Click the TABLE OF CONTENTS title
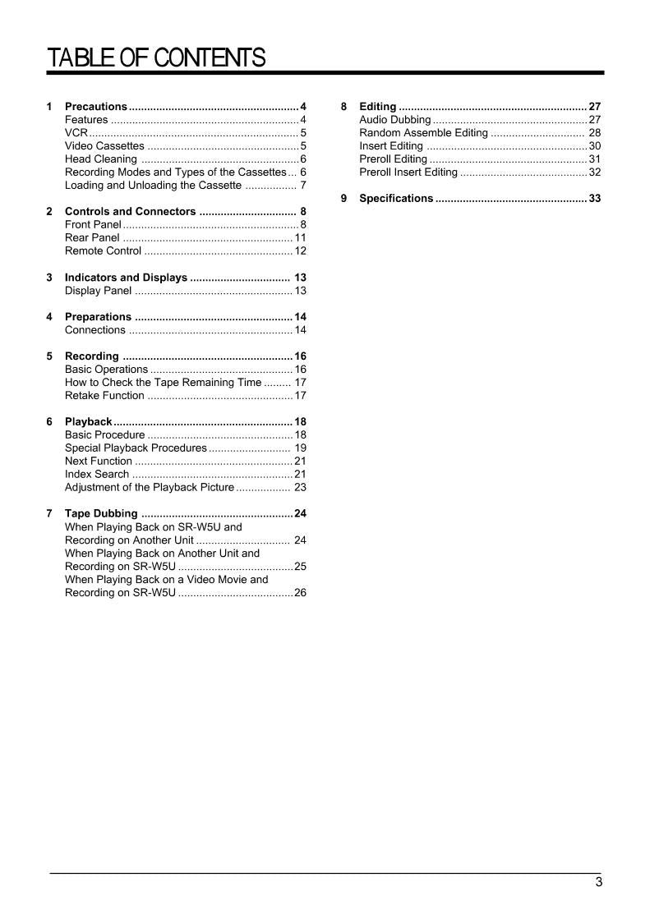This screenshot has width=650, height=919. (x=156, y=58)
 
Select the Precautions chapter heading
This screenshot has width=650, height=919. (x=96, y=107)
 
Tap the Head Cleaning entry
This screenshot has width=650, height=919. (x=101, y=159)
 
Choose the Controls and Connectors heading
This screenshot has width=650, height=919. (x=130, y=212)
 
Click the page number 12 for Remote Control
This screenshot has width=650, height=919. (x=301, y=251)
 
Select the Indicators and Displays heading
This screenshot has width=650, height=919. (x=126, y=278)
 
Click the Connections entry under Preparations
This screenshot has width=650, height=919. (x=95, y=330)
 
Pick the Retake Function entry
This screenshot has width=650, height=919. (x=104, y=396)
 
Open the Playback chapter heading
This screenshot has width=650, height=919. (x=88, y=422)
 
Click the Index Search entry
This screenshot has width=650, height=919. (x=97, y=475)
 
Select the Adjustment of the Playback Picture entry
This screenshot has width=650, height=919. (x=149, y=488)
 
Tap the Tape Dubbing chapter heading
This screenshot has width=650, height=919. (x=101, y=514)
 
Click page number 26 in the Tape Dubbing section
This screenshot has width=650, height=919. (x=300, y=593)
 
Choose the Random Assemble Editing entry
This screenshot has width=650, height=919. (x=423, y=133)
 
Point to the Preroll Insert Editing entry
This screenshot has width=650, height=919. (x=408, y=172)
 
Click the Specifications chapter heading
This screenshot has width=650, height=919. (x=396, y=199)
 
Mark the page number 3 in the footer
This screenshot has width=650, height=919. (x=599, y=883)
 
